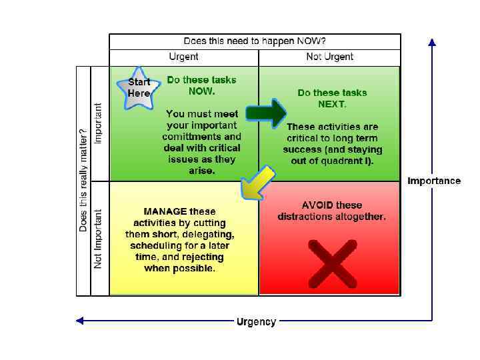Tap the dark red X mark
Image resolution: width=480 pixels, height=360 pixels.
coord(332,261)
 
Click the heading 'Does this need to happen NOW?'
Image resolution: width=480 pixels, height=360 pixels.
coord(255,41)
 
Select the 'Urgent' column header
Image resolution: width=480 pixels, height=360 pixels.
coord(183,57)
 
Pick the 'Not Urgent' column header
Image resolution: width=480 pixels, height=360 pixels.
coord(329,57)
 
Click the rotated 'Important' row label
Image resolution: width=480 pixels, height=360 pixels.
coord(99,123)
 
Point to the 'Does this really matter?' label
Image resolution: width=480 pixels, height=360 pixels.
coord(83,180)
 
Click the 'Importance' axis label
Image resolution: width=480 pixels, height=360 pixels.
coord(434,181)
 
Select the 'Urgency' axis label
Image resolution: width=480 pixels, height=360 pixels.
coord(256,321)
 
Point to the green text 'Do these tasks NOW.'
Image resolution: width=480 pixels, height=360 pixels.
coord(201,85)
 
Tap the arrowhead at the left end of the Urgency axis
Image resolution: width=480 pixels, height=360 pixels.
coord(79,321)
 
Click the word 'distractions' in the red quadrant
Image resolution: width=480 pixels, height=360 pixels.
coord(306,217)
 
